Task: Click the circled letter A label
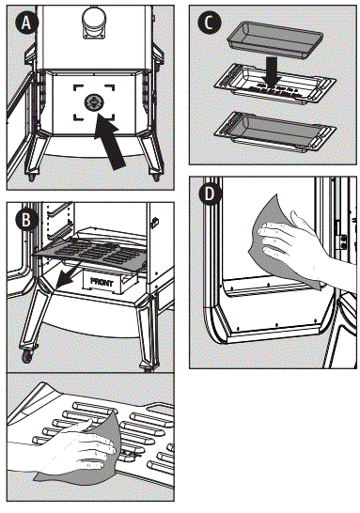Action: [x=26, y=23]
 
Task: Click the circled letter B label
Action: [x=26, y=220]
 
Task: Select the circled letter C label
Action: [x=209, y=23]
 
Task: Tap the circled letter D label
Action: [x=209, y=194]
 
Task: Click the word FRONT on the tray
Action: [x=102, y=282]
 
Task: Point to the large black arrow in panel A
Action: [x=109, y=141]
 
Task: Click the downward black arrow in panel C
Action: [x=273, y=70]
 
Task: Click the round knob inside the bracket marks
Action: [x=94, y=102]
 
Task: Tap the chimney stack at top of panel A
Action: [x=94, y=23]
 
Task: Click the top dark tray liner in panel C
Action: [x=275, y=39]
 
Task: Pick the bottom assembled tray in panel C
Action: [x=274, y=132]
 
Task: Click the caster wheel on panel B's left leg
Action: [x=27, y=356]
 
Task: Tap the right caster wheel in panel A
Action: [x=155, y=176]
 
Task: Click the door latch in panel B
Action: [x=155, y=222]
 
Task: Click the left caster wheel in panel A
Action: [x=32, y=177]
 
